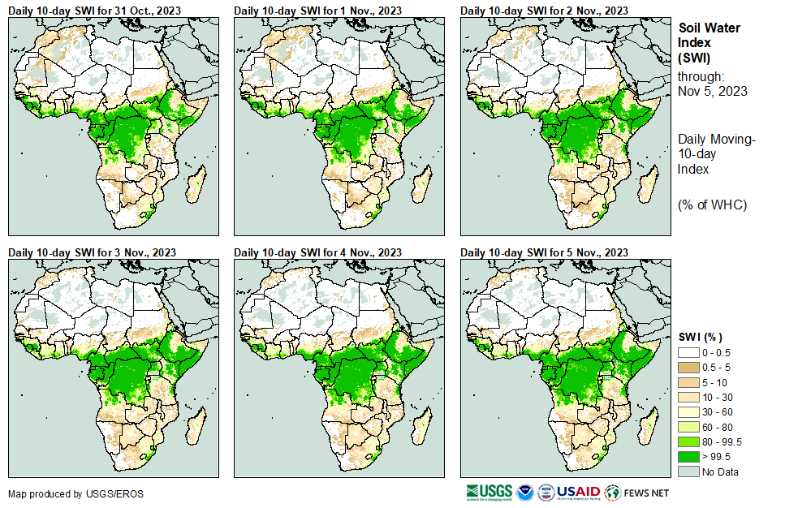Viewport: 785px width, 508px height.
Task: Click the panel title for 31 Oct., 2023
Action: [x=94, y=10]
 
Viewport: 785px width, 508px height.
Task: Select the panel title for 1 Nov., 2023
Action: [x=318, y=10]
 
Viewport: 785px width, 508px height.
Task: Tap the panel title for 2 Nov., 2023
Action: [x=544, y=10]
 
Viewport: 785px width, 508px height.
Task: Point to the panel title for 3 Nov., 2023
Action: [x=93, y=252]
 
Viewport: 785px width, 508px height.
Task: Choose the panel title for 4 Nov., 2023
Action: [x=318, y=252]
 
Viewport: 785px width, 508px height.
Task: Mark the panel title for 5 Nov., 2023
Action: [x=544, y=252]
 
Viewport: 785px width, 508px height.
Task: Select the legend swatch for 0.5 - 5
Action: [x=688, y=368]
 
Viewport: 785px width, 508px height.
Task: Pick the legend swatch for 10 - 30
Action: [x=688, y=398]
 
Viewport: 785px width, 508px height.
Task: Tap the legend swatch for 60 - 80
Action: [x=688, y=427]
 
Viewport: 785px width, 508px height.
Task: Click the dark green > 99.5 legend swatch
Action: [x=688, y=457]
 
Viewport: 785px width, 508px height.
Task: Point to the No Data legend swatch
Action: [x=688, y=471]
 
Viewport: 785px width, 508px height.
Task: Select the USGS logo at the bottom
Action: [x=490, y=493]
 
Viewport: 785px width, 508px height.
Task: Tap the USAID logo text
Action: [x=578, y=493]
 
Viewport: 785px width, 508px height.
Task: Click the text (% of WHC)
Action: [x=712, y=204]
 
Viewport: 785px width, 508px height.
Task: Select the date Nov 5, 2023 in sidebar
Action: [x=712, y=91]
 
